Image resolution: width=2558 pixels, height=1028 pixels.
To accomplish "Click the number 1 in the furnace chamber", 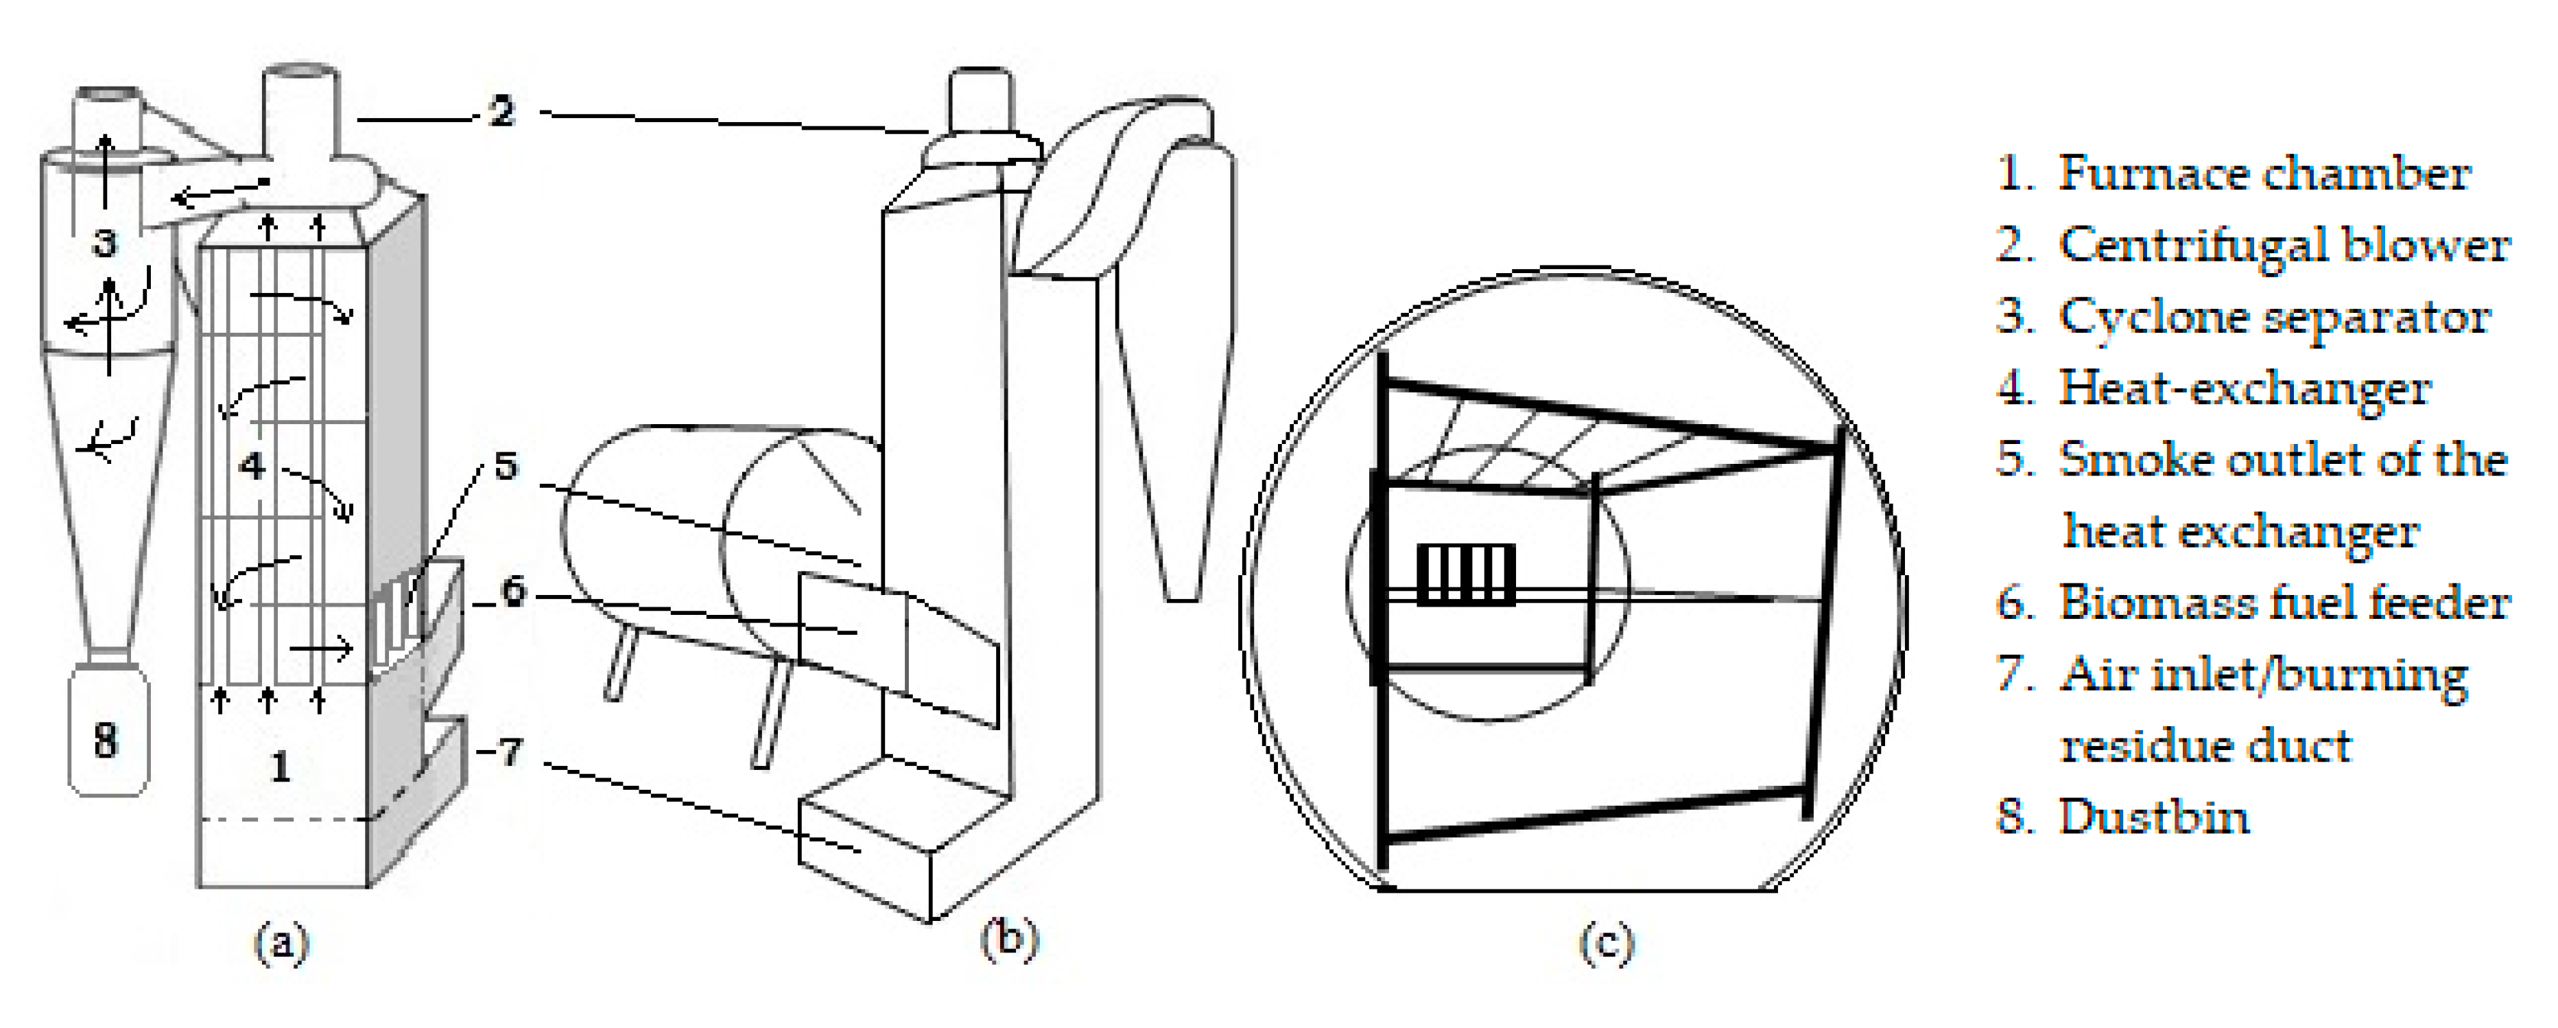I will [281, 767].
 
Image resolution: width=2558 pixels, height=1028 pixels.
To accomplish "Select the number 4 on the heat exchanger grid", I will [253, 465].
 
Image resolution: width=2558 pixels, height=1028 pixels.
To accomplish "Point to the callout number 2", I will [502, 111].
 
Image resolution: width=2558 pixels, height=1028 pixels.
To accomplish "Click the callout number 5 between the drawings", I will [506, 465].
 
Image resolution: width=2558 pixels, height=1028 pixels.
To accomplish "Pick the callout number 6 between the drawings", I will [512, 592].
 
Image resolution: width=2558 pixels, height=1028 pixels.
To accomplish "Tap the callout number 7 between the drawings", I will [510, 752].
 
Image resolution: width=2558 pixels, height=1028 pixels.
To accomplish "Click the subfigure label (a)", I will [282, 942].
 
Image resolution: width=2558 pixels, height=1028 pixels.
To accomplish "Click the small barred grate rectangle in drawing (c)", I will [1466, 575].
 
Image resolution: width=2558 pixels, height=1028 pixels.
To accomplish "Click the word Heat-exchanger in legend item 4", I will [2245, 389].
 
